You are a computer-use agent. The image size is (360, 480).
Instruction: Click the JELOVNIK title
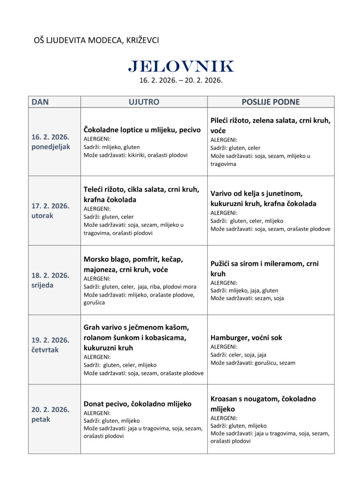click(x=180, y=66)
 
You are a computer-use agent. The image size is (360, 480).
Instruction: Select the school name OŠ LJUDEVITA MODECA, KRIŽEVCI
click(x=96, y=40)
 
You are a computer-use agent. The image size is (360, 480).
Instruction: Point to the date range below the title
click(x=180, y=81)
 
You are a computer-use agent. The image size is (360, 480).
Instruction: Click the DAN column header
click(x=40, y=102)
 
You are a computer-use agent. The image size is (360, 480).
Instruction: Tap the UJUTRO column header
click(x=144, y=102)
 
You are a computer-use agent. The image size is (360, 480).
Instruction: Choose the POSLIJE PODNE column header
click(x=270, y=102)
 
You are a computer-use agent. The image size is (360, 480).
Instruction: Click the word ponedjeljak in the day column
click(x=51, y=147)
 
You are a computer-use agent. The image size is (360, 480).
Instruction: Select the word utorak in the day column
click(x=42, y=216)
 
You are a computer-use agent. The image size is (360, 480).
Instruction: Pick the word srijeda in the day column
click(x=42, y=285)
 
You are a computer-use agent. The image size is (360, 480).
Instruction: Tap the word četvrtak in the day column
click(x=44, y=350)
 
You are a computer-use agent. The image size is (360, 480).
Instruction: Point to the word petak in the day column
click(x=41, y=419)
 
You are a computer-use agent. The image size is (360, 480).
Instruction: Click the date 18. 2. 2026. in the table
click(x=50, y=275)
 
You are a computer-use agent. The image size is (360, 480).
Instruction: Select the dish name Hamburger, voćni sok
click(x=246, y=338)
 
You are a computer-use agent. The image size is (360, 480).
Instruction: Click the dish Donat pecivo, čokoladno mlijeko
click(x=137, y=404)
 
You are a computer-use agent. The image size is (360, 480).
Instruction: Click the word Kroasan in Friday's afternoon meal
click(x=225, y=399)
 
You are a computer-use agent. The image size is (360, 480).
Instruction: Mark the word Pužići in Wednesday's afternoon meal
click(x=221, y=264)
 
